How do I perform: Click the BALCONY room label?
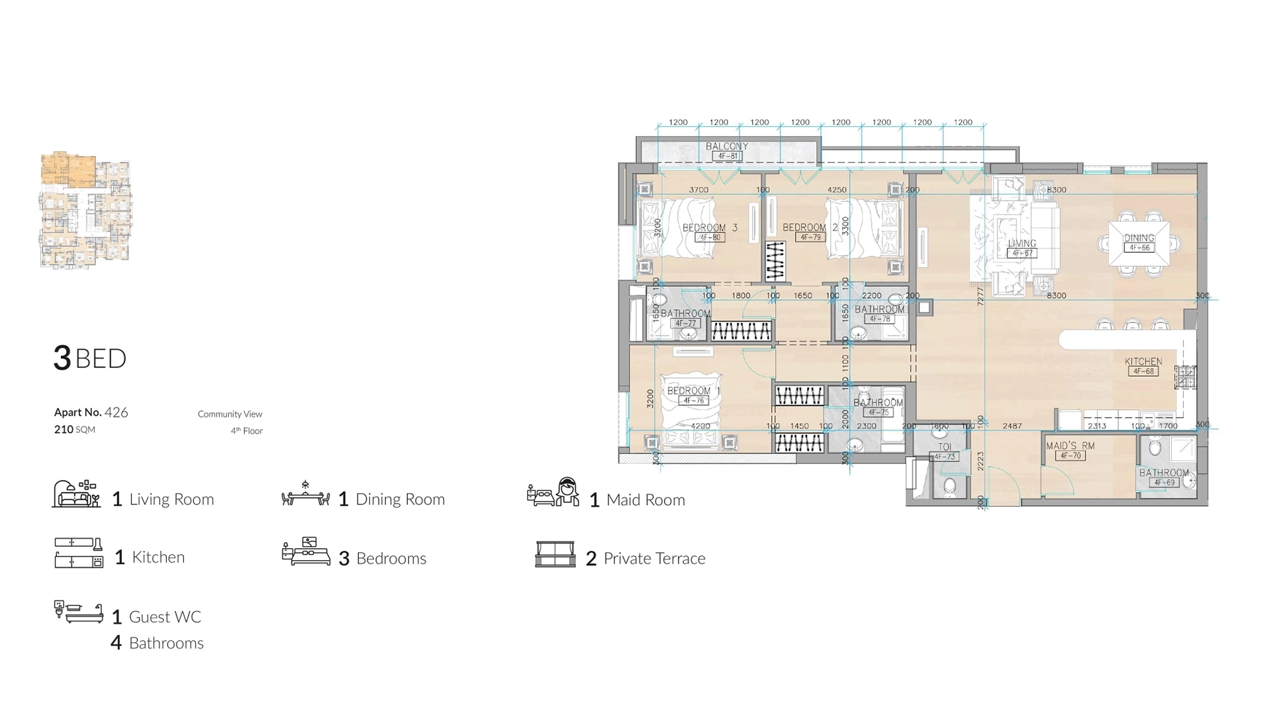click(x=726, y=146)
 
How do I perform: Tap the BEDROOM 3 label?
click(x=710, y=228)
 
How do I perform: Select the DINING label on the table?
click(x=1139, y=238)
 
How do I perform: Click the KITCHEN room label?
click(x=1143, y=361)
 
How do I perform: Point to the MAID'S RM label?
click(x=1070, y=446)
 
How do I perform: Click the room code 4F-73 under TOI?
click(x=945, y=457)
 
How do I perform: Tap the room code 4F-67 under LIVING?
click(x=1022, y=253)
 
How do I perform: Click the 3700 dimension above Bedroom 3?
click(x=698, y=190)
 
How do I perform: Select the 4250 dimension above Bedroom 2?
click(x=837, y=190)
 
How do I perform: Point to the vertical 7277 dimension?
click(x=980, y=296)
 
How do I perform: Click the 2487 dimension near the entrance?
click(x=1012, y=426)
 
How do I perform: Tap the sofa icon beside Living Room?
click(x=76, y=495)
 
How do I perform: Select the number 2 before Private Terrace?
click(x=591, y=559)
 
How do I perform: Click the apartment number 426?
click(x=116, y=412)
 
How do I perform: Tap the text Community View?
click(x=230, y=414)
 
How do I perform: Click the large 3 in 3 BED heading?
click(x=62, y=358)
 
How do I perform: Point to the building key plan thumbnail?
click(x=85, y=210)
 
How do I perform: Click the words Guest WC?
click(x=165, y=617)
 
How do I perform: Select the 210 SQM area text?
click(x=74, y=429)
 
